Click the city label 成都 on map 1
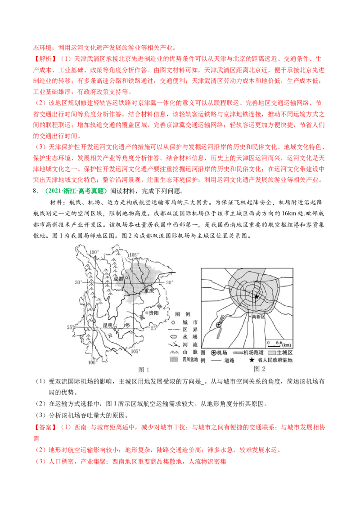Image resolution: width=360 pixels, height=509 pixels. [118, 278]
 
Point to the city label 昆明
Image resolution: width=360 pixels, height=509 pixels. [108, 324]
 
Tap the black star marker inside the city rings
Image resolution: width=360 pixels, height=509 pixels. [256, 297]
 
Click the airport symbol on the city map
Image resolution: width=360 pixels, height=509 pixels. [219, 326]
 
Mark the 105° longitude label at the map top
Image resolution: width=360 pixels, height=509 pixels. [133, 255]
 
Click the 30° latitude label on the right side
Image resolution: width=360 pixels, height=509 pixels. [169, 282]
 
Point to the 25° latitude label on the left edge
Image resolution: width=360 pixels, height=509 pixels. [70, 327]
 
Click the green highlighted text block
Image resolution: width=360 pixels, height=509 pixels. [76, 191]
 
